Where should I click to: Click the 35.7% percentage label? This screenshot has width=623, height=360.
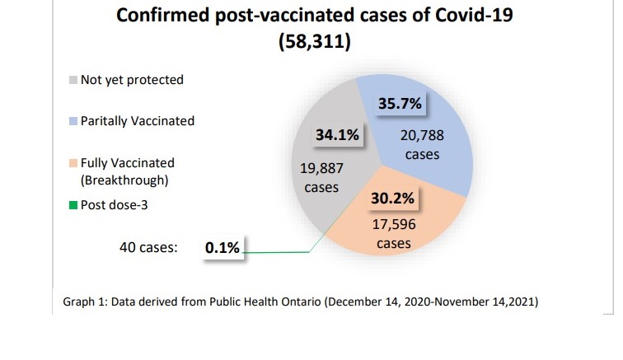coord(400,104)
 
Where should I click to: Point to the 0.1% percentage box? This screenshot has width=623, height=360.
coord(222,247)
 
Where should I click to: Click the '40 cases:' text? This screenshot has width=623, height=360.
coord(149,246)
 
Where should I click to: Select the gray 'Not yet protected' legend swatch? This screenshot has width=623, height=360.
coord(73,80)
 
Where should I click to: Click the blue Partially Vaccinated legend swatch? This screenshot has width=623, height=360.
coord(73,121)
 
